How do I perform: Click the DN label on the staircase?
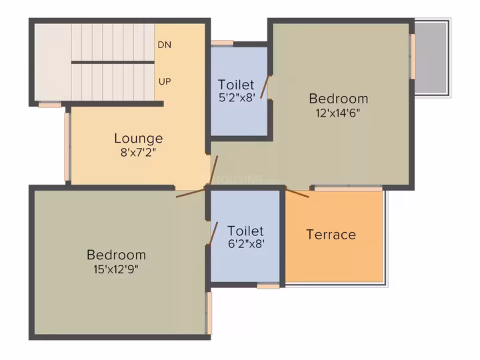pos(165,45)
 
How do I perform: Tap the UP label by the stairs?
pos(165,81)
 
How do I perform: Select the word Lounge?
pos(139,139)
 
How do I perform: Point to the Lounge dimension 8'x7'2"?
pos(139,152)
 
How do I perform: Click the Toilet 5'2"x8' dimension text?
pos(237,97)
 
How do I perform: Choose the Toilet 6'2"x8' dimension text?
pos(246,244)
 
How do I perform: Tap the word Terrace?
pos(331,235)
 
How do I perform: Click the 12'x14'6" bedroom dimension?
pos(338,113)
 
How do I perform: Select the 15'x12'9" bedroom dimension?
pos(116,269)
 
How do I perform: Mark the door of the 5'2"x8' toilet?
pos(265,87)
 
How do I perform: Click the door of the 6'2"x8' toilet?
pos(213,233)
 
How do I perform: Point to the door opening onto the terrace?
pos(297,193)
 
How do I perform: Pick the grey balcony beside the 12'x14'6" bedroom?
pos(431,58)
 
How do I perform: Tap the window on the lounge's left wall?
pos(67,147)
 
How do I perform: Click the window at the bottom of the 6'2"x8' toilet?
pos(268,286)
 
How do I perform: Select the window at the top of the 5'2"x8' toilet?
pos(222,43)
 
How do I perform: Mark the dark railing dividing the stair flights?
pos(113,63)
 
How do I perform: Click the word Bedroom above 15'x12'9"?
pos(116,255)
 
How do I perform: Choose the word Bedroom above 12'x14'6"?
pos(339,99)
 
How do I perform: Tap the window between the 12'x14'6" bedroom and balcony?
pos(413,57)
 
